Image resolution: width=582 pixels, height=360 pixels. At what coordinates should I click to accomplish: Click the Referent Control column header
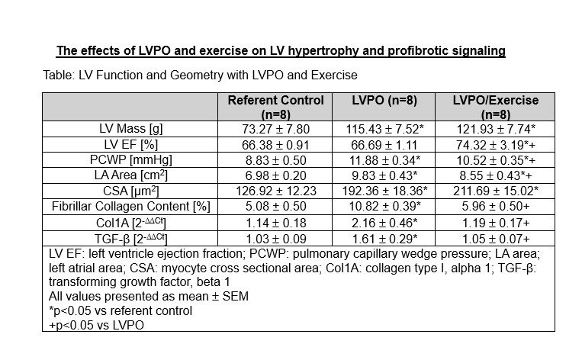pyautogui.click(x=275, y=107)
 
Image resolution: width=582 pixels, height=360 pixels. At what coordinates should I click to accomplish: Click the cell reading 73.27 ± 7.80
pyautogui.click(x=275, y=129)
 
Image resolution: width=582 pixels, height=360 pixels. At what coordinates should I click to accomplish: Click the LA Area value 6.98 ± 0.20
pyautogui.click(x=275, y=175)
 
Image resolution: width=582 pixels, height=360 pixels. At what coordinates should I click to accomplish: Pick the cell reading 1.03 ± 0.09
pyautogui.click(x=275, y=238)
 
